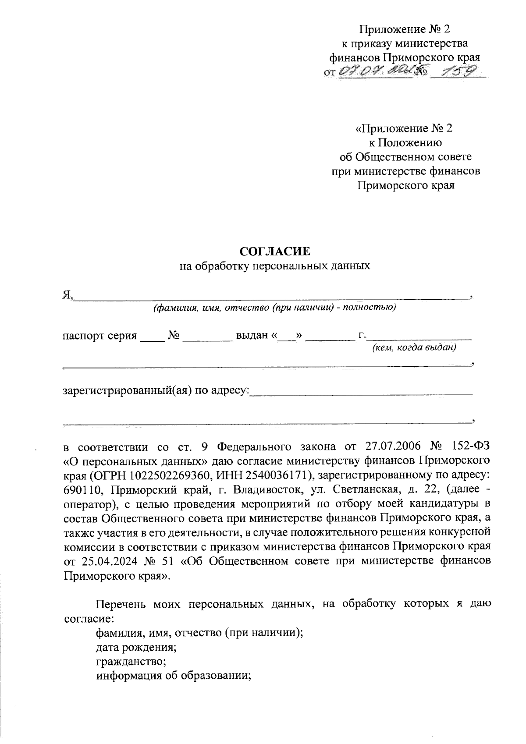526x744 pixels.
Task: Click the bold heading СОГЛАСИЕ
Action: pyautogui.click(x=275, y=251)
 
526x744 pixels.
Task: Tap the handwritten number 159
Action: pyautogui.click(x=458, y=71)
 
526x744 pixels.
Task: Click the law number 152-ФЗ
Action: pyautogui.click(x=471, y=447)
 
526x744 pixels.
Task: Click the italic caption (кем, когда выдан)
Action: pyautogui.click(x=414, y=348)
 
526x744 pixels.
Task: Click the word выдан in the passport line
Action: pyautogui.click(x=252, y=336)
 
